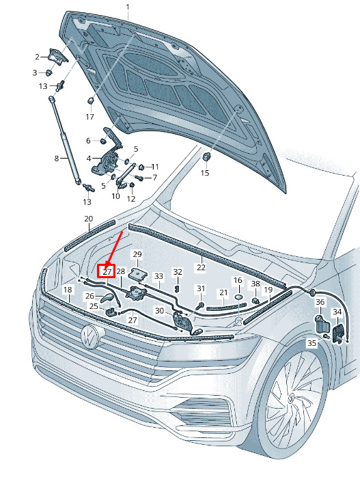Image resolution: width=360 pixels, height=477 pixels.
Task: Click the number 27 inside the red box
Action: [x=107, y=272]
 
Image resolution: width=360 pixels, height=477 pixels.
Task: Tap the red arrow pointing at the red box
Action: [x=114, y=249]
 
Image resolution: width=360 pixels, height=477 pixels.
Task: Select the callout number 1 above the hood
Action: [x=128, y=7]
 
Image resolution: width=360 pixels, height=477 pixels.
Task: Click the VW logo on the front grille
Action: [x=90, y=336]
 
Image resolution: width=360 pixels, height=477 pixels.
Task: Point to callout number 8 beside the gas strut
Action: [x=57, y=159]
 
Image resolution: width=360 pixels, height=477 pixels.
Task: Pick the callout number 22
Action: [x=201, y=267]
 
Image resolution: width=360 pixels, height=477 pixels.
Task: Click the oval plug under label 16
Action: [x=238, y=297]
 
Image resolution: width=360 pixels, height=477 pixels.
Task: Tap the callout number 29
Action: [x=137, y=254]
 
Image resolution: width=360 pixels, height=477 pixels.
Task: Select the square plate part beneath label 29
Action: [x=136, y=274]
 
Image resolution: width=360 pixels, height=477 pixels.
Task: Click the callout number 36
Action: [x=320, y=302]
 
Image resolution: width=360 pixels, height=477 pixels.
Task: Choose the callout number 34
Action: [x=337, y=312]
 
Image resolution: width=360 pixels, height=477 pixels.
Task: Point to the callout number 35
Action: [x=311, y=343]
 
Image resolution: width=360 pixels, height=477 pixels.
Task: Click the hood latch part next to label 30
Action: [x=182, y=322]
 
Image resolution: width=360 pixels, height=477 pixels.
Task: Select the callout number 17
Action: [x=89, y=117]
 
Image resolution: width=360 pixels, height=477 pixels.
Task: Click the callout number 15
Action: [x=205, y=173]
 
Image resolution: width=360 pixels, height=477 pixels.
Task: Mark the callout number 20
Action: [x=89, y=219]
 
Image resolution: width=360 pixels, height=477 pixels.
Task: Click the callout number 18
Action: [x=68, y=290]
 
